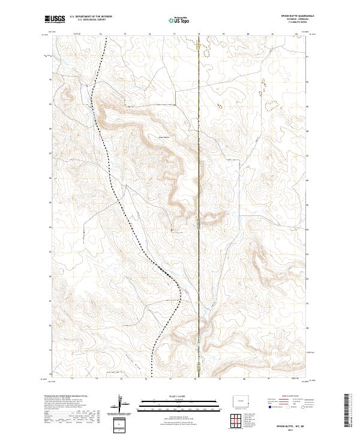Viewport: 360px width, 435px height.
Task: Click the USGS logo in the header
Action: click(x=55, y=20)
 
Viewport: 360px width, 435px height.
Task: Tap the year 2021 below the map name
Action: click(x=290, y=430)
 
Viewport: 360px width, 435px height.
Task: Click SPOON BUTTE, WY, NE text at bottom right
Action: click(x=290, y=425)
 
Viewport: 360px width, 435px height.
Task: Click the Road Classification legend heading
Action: click(x=290, y=397)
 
